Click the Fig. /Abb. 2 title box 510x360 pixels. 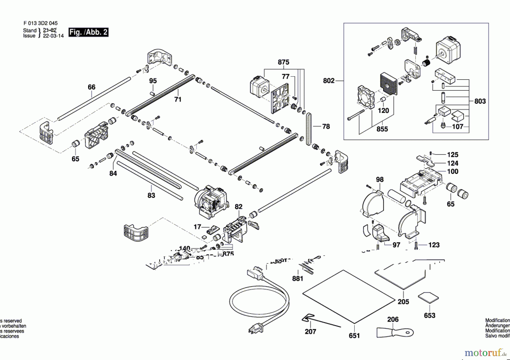88,32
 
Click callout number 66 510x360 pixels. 92,87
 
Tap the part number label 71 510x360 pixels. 178,99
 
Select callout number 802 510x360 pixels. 329,81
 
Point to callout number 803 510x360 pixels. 480,101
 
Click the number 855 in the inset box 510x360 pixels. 382,129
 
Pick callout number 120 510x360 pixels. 383,110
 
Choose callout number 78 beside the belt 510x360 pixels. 326,126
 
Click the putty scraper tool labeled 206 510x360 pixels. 395,332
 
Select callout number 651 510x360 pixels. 354,336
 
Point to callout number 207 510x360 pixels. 310,331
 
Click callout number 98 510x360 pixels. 380,179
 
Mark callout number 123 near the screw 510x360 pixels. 434,245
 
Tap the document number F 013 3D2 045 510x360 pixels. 41,23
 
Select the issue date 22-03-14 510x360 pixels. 53,36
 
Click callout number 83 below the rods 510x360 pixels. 151,195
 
